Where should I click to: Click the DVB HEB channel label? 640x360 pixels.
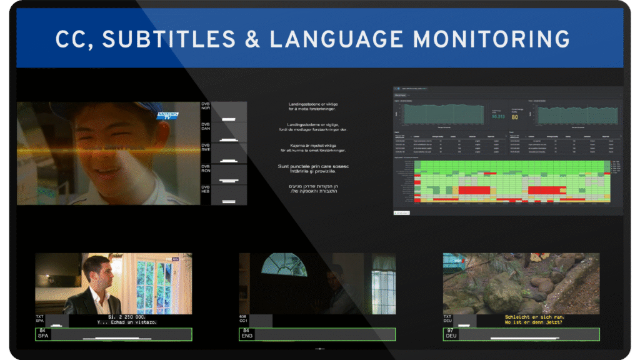click(x=206, y=189)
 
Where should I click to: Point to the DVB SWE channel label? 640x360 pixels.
click(x=206, y=148)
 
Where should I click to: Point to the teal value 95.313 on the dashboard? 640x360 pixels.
click(x=498, y=116)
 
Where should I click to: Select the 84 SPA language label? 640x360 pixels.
click(x=43, y=334)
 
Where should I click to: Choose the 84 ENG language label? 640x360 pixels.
click(x=247, y=334)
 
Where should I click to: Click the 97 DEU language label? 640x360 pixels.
click(x=451, y=334)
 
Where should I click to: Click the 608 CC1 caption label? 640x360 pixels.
click(x=244, y=320)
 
